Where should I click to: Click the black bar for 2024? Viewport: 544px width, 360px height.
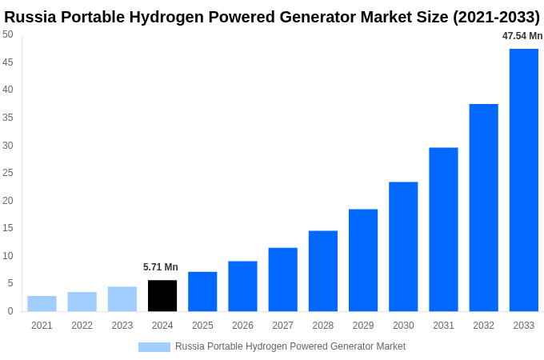(162, 295)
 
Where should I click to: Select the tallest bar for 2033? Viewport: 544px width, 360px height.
(523, 180)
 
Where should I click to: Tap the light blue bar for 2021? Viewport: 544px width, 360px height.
(42, 303)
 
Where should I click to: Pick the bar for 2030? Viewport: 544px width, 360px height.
(403, 246)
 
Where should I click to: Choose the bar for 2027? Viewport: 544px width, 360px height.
(282, 279)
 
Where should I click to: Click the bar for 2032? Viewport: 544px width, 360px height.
(483, 207)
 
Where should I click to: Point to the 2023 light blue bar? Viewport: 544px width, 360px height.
(122, 298)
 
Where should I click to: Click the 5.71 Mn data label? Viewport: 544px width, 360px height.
(161, 267)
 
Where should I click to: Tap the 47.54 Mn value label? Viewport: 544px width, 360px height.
(522, 36)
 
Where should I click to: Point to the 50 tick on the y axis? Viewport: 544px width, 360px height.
(8, 34)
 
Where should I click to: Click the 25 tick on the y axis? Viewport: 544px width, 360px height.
(8, 173)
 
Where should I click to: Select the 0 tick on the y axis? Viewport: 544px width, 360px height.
(10, 311)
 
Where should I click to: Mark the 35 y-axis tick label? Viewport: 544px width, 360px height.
(8, 118)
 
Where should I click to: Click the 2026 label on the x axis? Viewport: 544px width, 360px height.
(242, 326)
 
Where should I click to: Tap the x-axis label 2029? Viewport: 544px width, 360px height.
(363, 326)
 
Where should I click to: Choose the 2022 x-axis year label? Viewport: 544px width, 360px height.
(82, 326)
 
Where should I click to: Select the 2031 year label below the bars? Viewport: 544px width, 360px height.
(443, 326)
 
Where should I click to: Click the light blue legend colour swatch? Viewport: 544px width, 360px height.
(154, 346)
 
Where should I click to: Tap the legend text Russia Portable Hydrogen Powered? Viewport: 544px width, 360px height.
(248, 346)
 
